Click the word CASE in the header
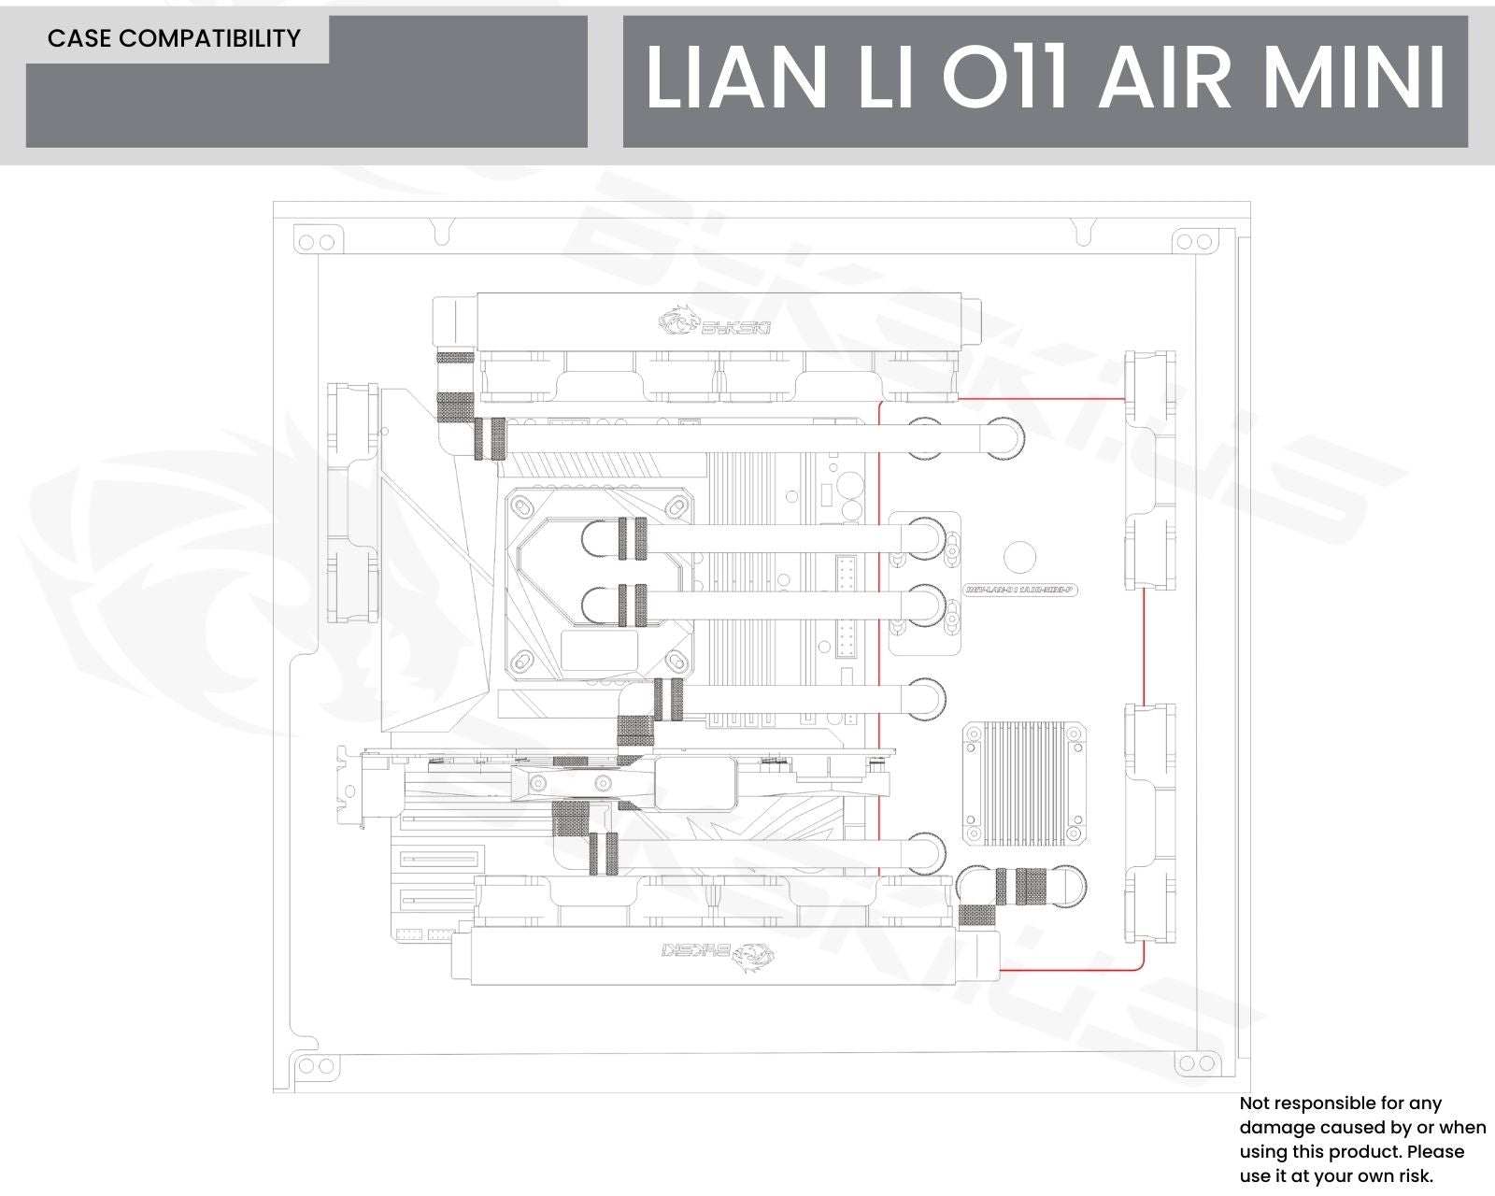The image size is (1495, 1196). [x=81, y=38]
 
